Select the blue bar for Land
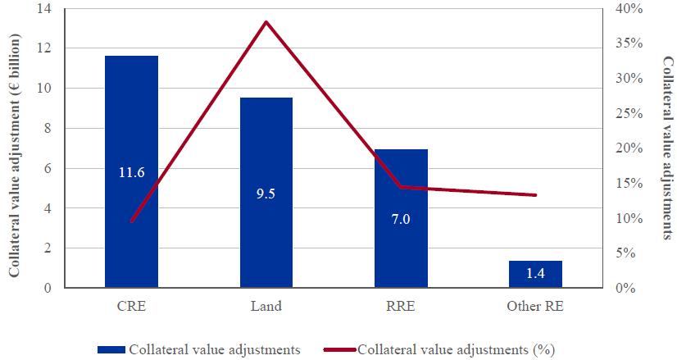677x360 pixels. tap(266, 148)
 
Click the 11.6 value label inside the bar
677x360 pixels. tap(131, 172)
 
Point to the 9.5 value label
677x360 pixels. tap(266, 194)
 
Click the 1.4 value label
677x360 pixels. tap(536, 274)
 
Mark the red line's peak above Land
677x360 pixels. tap(266, 21)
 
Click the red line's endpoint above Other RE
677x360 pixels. tap(536, 195)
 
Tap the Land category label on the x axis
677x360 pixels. tap(266, 307)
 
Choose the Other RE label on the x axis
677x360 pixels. tap(536, 307)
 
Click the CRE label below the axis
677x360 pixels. tap(131, 307)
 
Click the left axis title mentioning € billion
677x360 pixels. tap(15, 148)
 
